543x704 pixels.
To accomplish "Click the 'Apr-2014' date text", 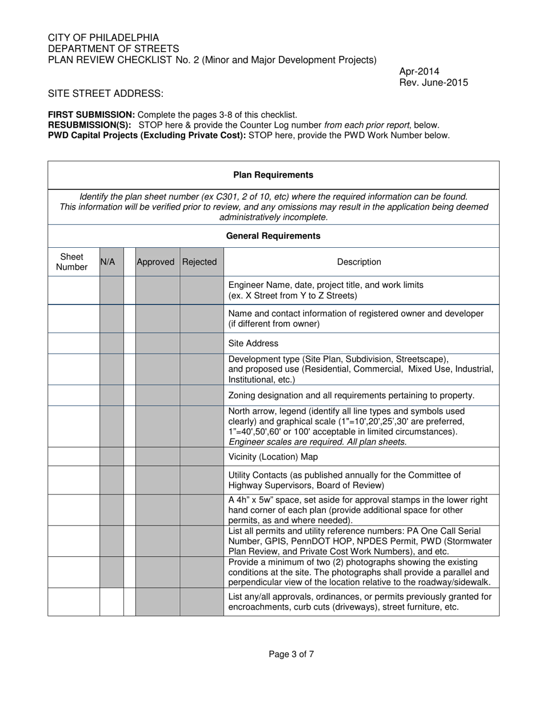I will (x=419, y=72).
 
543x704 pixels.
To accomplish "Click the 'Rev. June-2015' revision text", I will (x=433, y=82).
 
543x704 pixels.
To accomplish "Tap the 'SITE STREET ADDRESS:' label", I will (x=106, y=94).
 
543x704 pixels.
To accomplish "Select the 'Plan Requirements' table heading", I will (x=273, y=175).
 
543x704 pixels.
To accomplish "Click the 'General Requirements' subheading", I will (x=273, y=236).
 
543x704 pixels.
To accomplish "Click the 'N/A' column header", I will (x=107, y=262).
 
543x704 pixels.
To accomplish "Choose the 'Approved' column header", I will (x=155, y=262).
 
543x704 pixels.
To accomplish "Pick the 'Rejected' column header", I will (x=199, y=262).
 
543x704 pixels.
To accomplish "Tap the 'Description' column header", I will (x=359, y=262).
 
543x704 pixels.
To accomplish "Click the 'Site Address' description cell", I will (x=253, y=343).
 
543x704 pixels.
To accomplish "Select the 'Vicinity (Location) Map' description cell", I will (x=273, y=457).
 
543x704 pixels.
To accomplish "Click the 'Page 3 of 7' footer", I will (x=292, y=654).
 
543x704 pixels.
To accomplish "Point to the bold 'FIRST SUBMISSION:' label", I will (x=91, y=115).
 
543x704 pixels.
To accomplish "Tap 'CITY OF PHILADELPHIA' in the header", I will (x=103, y=38).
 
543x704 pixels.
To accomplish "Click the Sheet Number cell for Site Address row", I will (x=74, y=343).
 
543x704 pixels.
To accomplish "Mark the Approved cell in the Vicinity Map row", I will (x=158, y=457).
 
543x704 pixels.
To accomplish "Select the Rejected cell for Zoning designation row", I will (x=202, y=395).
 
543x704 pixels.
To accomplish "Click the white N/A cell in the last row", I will (x=111, y=602).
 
